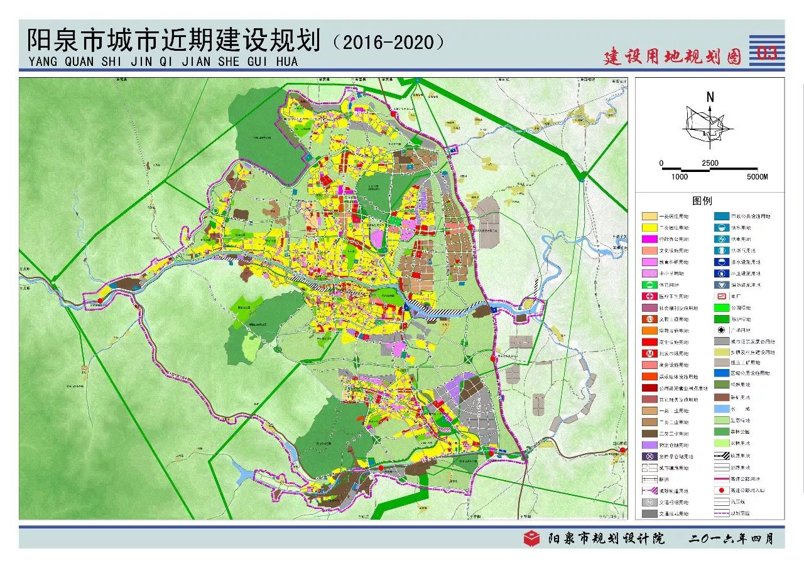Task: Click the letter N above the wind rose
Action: (710, 97)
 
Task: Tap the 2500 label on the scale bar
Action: (710, 163)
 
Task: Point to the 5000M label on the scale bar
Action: (757, 177)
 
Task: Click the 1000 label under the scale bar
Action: (679, 177)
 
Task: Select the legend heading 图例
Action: (702, 201)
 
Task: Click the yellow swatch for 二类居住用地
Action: (649, 228)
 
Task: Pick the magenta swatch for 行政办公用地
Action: (649, 239)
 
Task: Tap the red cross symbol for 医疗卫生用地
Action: (649, 296)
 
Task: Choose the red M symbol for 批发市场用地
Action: (649, 353)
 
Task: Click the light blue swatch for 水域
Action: (721, 409)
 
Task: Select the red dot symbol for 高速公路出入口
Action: (721, 490)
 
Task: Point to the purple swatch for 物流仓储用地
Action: (649, 445)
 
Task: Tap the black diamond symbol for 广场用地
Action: (721, 330)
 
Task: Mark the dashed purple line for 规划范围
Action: (721, 513)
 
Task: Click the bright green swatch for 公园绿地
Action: (721, 308)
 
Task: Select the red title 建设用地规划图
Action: (673, 56)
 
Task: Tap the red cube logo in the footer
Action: (532, 539)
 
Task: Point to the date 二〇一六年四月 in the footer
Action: (731, 539)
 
